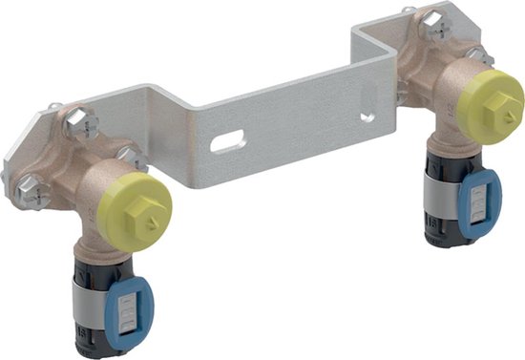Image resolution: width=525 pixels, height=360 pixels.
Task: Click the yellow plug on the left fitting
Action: pyautogui.click(x=143, y=207)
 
